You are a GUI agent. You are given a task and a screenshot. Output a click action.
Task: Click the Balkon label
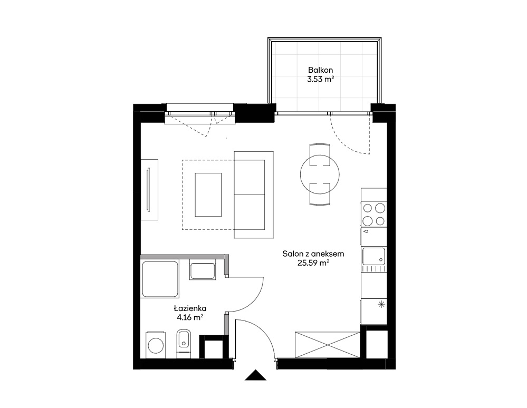320,70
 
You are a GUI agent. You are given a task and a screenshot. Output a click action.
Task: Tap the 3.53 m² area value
320,80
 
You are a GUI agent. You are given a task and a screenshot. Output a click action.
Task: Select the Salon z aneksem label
313,254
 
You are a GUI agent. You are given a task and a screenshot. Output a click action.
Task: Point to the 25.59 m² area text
313,263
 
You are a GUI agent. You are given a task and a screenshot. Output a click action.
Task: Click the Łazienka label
190,308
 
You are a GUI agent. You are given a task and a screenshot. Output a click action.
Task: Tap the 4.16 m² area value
190,317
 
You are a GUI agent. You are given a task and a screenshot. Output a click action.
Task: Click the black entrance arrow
255,375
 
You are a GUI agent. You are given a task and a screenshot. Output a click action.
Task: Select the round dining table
320,174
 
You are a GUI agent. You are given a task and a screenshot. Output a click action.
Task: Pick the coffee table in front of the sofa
208,195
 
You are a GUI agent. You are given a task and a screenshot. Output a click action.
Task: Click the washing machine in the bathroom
156,345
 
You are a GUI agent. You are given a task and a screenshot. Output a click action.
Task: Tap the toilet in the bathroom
184,343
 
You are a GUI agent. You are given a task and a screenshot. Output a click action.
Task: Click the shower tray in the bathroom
160,279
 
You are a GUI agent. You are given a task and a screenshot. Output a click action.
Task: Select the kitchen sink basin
373,256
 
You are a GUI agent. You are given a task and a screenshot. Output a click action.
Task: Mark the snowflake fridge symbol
381,305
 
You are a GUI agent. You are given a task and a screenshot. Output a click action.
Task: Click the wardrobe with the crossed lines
328,345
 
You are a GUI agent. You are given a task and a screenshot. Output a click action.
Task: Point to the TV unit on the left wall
149,190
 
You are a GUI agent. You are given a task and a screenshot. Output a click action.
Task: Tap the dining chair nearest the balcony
320,154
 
